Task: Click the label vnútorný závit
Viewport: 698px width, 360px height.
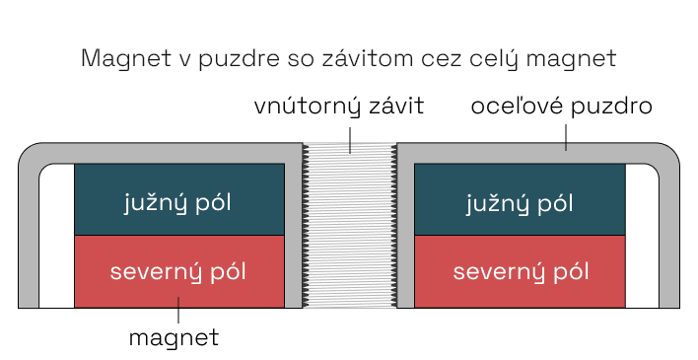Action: click(x=338, y=108)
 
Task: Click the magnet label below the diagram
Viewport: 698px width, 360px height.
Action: click(x=174, y=337)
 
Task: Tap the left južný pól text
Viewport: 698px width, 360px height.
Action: click(x=178, y=203)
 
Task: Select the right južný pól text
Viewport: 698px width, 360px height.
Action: click(x=520, y=203)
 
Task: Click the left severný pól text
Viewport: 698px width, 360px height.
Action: click(x=178, y=271)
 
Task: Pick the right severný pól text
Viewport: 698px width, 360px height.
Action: click(x=520, y=271)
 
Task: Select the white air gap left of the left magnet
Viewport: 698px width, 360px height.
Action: click(x=56, y=237)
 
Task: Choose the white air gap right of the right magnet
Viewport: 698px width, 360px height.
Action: click(x=642, y=237)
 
